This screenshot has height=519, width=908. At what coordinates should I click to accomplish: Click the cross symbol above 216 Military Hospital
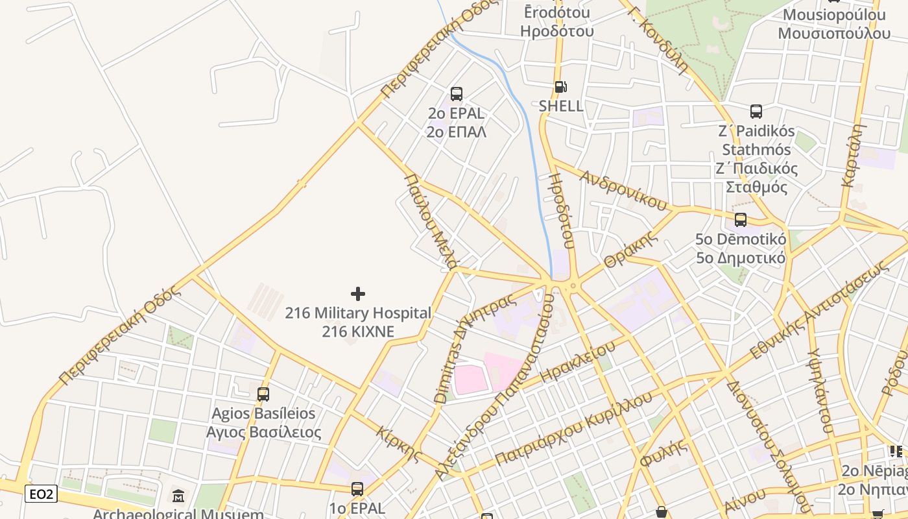pyautogui.click(x=357, y=294)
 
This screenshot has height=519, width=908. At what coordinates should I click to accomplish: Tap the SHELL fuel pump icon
pyautogui.click(x=560, y=87)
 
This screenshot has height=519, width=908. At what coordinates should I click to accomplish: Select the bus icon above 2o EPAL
pyautogui.click(x=457, y=94)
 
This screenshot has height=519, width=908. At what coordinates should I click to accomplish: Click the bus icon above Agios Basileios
pyautogui.click(x=263, y=394)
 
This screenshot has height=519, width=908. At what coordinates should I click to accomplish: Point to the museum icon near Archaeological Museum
pyautogui.click(x=178, y=496)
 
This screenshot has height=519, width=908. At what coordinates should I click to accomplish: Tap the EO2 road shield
pyautogui.click(x=42, y=494)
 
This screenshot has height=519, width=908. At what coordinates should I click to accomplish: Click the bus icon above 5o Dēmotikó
pyautogui.click(x=741, y=220)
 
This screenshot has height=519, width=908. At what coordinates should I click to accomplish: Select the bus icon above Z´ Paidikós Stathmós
pyautogui.click(x=756, y=111)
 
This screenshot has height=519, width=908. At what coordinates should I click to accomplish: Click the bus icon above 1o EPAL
pyautogui.click(x=357, y=489)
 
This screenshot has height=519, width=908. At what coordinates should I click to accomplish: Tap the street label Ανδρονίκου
pyautogui.click(x=623, y=191)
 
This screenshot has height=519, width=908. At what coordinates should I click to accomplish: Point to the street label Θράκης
pyautogui.click(x=630, y=250)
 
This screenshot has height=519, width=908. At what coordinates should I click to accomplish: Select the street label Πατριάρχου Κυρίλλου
pyautogui.click(x=573, y=429)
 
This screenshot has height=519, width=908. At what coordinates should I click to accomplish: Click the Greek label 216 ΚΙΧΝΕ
pyautogui.click(x=358, y=332)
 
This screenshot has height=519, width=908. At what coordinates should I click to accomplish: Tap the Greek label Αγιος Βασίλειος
pyautogui.click(x=263, y=432)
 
